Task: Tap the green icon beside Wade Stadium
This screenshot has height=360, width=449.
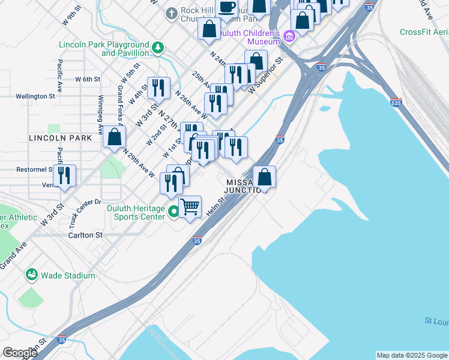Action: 31,275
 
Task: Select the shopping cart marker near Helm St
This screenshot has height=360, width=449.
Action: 190,207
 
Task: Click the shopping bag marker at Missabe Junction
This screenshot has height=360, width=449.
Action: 265,177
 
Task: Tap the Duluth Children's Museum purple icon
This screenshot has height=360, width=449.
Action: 289,37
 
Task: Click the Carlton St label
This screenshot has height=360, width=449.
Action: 85,235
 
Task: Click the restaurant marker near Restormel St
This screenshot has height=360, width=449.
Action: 64,176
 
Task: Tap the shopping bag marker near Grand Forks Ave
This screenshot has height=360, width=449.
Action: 114,137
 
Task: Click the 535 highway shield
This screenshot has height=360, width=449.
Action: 395,102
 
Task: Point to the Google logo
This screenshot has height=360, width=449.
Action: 20,353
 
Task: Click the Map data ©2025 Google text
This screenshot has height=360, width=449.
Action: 411,355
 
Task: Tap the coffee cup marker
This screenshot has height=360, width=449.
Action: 226,8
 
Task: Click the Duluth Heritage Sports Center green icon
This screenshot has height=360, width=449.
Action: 173,211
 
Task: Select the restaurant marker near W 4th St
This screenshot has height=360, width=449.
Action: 158,88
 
